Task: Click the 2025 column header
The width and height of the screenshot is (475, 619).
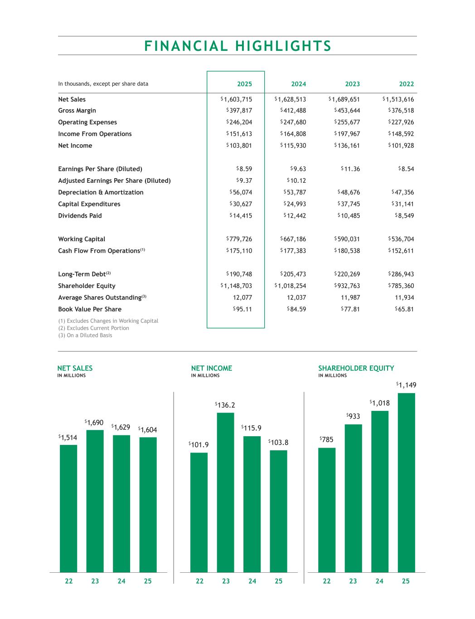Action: [x=244, y=84]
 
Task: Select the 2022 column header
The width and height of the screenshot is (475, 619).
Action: [x=406, y=84]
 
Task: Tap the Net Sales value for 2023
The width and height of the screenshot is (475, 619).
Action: [x=345, y=99]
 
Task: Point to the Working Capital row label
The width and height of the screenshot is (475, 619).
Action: [x=82, y=239]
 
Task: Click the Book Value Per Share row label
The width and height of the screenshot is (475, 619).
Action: [x=90, y=309]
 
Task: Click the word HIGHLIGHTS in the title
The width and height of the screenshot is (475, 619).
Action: [x=284, y=46]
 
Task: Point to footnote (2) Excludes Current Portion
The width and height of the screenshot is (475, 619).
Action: [x=93, y=328]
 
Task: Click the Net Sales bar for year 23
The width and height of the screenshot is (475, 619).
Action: [x=95, y=501]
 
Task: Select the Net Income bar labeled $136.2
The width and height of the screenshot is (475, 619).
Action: [x=226, y=492]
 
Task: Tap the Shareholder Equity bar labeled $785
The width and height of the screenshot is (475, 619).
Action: [x=327, y=510]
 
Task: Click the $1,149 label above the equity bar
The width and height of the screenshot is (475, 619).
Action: [x=406, y=385]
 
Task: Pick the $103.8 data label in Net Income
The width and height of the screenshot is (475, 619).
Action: [x=278, y=442]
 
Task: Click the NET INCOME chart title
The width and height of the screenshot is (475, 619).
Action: [x=212, y=368]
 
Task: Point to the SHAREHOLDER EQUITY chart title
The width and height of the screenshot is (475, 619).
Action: [x=356, y=368]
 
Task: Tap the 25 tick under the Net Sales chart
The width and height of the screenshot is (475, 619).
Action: [x=148, y=581]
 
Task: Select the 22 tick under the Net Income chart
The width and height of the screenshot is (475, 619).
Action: [x=199, y=581]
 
